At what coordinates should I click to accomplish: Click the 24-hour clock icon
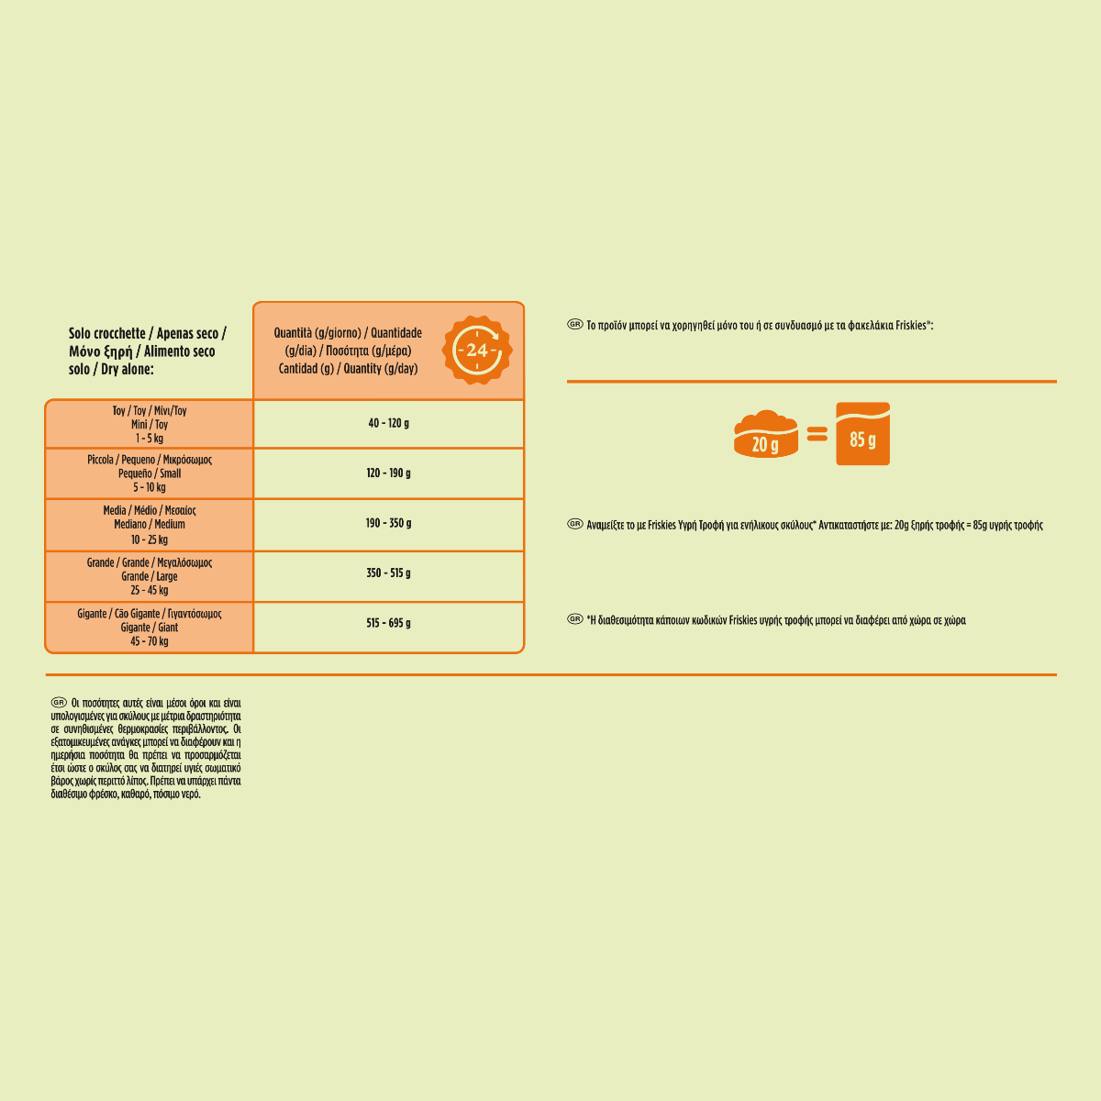click(477, 350)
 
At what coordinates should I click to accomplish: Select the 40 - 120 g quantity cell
click(388, 424)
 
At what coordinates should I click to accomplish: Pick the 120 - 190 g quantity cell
click(388, 473)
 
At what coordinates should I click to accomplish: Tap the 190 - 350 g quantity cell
click(388, 524)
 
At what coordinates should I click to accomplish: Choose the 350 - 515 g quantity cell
click(388, 573)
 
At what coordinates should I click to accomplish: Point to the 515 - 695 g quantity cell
click(388, 624)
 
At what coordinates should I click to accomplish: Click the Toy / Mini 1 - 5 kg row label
click(150, 425)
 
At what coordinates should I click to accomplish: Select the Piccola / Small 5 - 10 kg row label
click(150, 473)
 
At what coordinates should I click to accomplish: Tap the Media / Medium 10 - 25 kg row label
click(150, 525)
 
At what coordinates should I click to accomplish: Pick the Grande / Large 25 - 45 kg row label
click(150, 576)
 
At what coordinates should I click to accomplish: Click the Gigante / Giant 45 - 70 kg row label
click(150, 628)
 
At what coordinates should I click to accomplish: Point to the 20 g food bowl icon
click(765, 434)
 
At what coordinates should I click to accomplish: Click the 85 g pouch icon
click(862, 434)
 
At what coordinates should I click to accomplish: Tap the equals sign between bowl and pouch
click(817, 435)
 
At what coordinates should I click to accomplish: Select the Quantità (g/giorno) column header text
click(348, 350)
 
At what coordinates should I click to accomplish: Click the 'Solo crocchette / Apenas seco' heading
click(147, 351)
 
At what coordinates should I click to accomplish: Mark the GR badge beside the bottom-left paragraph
click(59, 703)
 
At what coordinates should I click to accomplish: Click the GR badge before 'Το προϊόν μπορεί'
click(575, 325)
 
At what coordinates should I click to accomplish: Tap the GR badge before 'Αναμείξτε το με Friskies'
click(575, 525)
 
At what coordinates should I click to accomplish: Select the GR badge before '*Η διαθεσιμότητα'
click(575, 619)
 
